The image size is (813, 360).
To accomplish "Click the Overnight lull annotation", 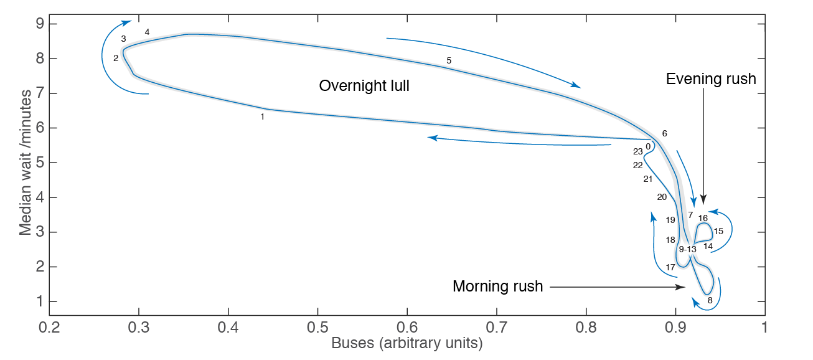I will (x=364, y=86).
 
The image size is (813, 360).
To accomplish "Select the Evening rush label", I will (x=711, y=79).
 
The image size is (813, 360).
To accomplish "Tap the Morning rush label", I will (x=497, y=287).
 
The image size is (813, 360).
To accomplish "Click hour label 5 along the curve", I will (x=449, y=60).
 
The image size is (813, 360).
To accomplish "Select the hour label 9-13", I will (x=687, y=249).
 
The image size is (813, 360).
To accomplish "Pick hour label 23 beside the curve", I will (x=638, y=151).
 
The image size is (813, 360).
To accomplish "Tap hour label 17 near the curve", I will (x=670, y=267).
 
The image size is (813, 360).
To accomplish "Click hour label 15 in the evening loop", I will (x=718, y=231).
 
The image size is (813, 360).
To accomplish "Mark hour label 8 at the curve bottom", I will (x=710, y=301).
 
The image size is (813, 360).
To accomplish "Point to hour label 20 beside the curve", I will (x=662, y=197).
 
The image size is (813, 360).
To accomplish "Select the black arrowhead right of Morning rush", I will (x=682, y=287).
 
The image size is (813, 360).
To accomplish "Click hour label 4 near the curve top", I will (x=147, y=32).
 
